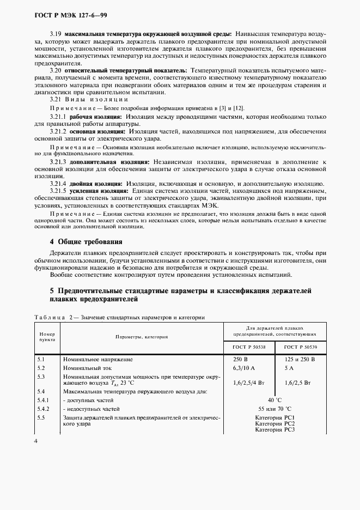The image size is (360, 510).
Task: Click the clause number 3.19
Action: (56, 34)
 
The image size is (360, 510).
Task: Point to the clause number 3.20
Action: (56, 71)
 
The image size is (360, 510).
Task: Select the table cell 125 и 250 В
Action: (300, 360)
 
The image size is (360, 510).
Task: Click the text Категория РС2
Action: (275, 423)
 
